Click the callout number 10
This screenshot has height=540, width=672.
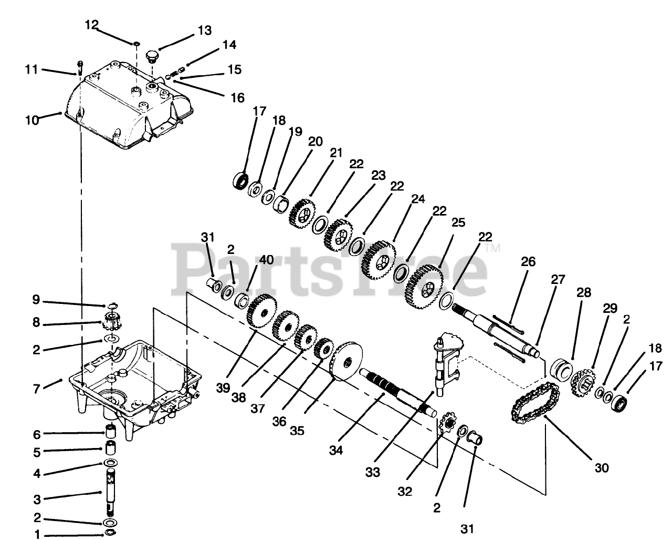tap(31, 120)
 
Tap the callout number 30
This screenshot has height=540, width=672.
tap(602, 467)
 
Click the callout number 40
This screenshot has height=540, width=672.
tap(267, 259)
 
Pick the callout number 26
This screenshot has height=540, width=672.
tap(528, 261)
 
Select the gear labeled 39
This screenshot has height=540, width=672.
tap(261, 312)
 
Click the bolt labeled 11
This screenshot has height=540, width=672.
tap(80, 67)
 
